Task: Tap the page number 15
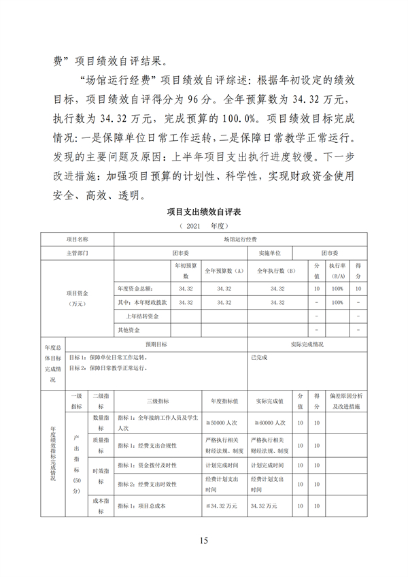coord(203,541)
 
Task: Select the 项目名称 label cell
coord(77,240)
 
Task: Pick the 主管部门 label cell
coord(77,252)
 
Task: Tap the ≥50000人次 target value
coord(222,423)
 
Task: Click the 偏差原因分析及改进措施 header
coord(346,400)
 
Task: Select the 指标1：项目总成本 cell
coord(142,506)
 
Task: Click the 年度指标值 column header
coord(224,400)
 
